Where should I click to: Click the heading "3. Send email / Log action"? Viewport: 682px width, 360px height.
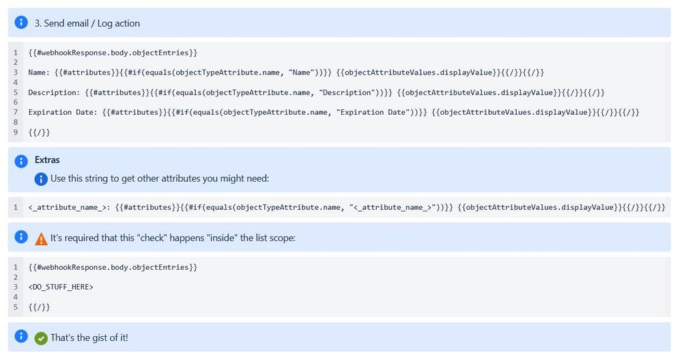87,23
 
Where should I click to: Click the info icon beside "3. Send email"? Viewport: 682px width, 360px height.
21,23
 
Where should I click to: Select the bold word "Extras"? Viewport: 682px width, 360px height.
47,160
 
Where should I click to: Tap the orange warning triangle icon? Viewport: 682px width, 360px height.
41,239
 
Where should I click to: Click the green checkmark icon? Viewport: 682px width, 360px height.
41,338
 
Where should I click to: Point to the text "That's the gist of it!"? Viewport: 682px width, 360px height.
89,338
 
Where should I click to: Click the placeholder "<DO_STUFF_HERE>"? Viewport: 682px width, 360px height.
61,287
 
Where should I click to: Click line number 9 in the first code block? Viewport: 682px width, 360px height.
15,132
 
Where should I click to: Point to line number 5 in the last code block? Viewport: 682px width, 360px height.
15,307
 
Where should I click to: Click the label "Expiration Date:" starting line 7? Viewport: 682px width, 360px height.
63,112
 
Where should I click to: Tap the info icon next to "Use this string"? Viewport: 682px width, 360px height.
41,179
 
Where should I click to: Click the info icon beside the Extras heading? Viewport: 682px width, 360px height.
21,161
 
